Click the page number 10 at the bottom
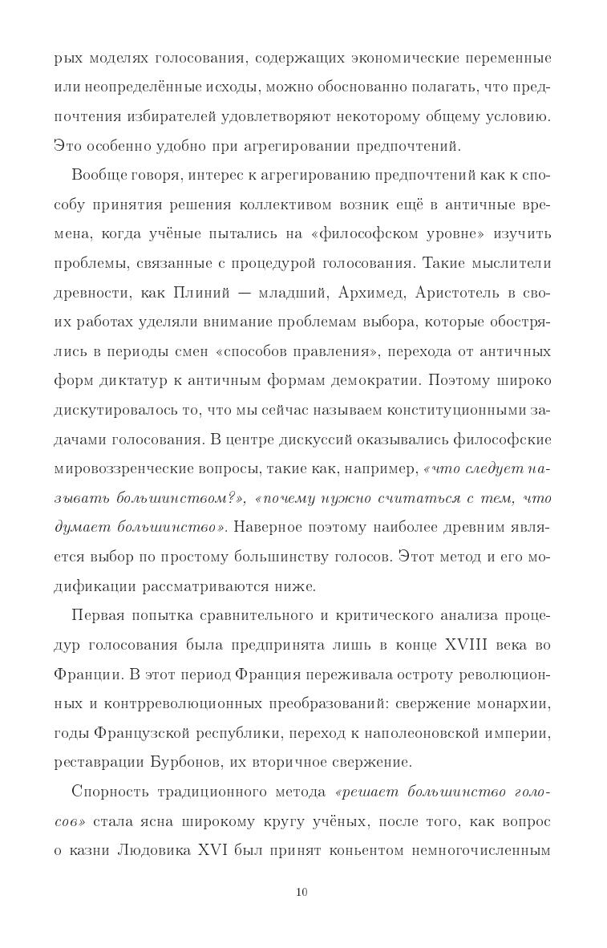click(x=302, y=892)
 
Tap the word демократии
click(x=389, y=380)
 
